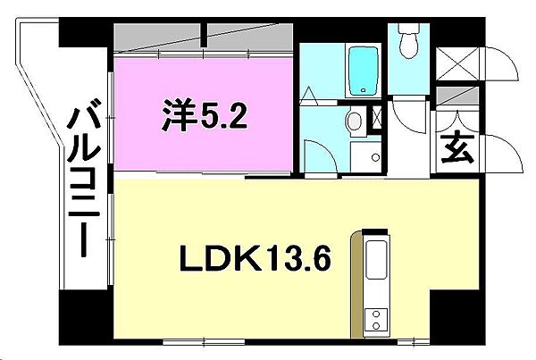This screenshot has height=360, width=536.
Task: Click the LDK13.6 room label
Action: click(256, 259)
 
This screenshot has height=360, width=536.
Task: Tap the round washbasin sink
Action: click(354, 121)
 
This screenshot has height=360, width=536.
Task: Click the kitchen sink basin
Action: click(376, 255)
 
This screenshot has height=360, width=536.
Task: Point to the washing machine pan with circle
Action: click(365, 154)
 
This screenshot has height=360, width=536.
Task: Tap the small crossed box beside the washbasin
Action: click(376, 117)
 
